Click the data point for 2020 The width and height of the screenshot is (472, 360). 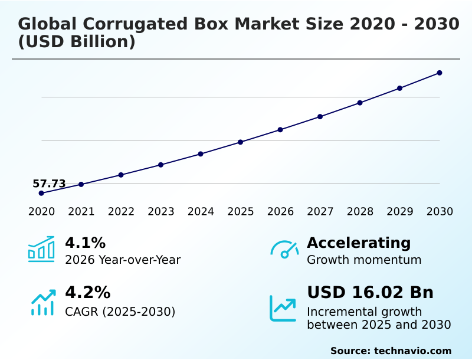pos(41,193)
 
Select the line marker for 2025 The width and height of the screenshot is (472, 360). pos(241,142)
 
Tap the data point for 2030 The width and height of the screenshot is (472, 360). pos(440,73)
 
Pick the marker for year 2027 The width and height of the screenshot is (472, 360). pos(320,117)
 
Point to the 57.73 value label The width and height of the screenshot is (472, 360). pos(49,184)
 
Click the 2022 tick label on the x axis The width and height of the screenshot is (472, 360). pos(121,212)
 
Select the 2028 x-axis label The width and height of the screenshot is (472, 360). pos(360,212)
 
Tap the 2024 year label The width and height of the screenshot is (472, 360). pos(201,212)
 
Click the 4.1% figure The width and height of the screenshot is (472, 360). pos(85,243)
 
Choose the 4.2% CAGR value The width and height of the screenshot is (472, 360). pos(87,293)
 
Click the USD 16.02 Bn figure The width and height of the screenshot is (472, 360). pos(370,293)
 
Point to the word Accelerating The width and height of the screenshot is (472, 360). pos(359,243)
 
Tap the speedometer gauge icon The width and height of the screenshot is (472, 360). pos(284,250)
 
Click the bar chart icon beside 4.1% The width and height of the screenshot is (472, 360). pos(41,250)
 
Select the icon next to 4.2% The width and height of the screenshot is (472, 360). pos(42,303)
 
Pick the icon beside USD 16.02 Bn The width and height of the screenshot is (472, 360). pos(283,308)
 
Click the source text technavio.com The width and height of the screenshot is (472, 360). pos(412,351)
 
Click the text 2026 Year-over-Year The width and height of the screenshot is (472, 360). pos(123,260)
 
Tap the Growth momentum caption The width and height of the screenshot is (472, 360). pos(364,260)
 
